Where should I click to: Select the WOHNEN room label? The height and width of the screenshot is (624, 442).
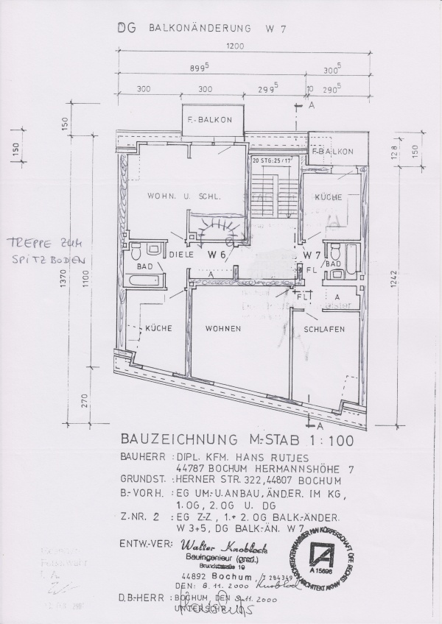click(x=223, y=328)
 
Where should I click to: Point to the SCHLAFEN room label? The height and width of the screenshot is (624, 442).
click(x=325, y=330)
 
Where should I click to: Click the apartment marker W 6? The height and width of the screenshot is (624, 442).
click(x=216, y=255)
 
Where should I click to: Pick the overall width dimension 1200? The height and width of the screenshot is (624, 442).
click(x=234, y=46)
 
